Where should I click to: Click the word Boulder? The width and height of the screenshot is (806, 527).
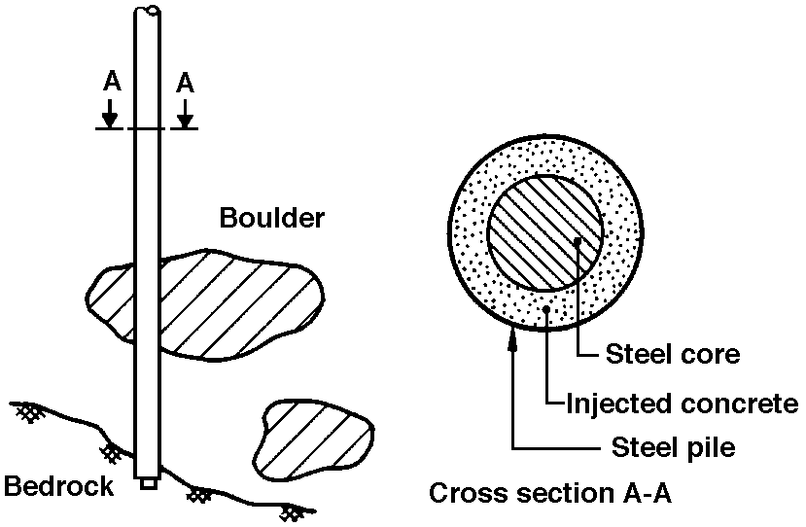(x=271, y=218)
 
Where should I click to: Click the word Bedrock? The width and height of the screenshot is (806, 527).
(x=59, y=484)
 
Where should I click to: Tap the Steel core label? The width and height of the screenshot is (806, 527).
(x=673, y=354)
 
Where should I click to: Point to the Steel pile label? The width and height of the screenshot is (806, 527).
(x=674, y=447)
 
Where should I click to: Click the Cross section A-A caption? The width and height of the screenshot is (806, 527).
(x=550, y=494)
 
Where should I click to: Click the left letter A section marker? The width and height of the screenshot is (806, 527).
(x=111, y=83)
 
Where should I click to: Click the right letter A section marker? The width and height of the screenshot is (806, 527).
(x=185, y=83)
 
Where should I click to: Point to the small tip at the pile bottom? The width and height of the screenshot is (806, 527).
(x=148, y=481)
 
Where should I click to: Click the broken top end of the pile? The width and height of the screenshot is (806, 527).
(x=148, y=12)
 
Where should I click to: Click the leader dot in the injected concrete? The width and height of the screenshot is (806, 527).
(x=549, y=310)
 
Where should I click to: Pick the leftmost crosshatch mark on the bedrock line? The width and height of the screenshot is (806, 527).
(x=26, y=412)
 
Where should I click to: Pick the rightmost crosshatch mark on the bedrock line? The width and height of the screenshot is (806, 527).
(x=290, y=509)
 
